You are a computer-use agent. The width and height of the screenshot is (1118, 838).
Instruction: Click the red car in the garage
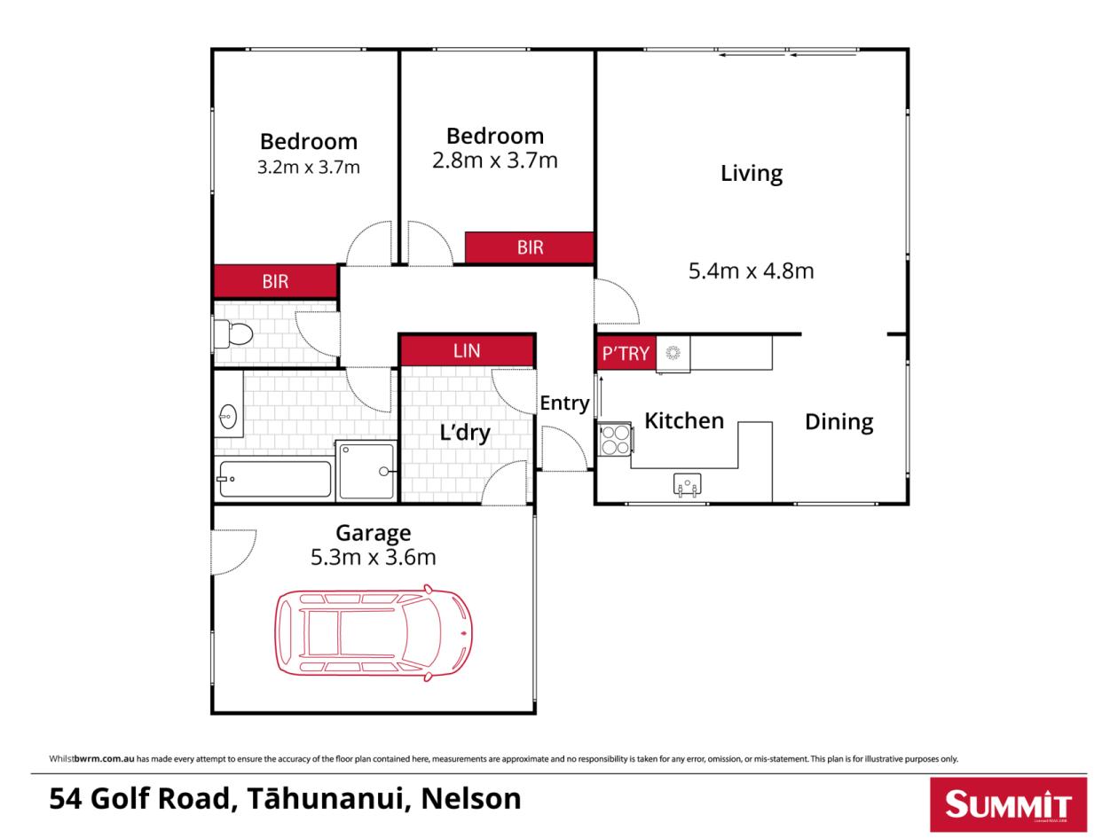click(x=374, y=632)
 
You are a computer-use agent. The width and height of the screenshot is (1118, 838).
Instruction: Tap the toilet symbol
click(x=233, y=333)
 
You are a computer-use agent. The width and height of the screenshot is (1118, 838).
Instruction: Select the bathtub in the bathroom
click(x=274, y=479)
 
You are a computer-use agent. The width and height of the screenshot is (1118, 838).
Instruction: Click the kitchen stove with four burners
click(x=616, y=439)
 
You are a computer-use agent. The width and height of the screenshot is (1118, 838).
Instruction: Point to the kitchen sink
click(x=687, y=483)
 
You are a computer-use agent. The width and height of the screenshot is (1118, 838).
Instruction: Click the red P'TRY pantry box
click(x=626, y=353)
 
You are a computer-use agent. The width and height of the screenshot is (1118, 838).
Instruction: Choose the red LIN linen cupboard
click(x=467, y=350)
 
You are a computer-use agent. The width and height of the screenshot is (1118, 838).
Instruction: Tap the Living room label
click(x=752, y=174)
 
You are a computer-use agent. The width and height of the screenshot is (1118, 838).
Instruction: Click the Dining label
click(x=838, y=422)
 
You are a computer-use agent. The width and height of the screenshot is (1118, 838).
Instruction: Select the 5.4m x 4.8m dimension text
click(x=751, y=270)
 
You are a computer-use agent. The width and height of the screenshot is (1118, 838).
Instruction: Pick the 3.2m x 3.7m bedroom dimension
click(x=308, y=167)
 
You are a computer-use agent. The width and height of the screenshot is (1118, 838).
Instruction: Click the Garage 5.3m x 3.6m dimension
click(x=374, y=557)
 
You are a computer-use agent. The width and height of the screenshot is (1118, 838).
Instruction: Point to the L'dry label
click(x=465, y=434)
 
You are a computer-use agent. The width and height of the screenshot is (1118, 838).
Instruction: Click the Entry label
click(x=564, y=403)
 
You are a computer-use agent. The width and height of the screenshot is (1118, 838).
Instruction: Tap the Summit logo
click(x=1009, y=804)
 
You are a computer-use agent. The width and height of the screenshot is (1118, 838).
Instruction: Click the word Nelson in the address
click(x=470, y=798)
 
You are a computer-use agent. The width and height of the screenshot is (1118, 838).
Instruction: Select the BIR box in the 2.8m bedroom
click(x=529, y=247)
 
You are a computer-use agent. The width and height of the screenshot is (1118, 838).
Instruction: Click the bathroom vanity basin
click(x=228, y=417)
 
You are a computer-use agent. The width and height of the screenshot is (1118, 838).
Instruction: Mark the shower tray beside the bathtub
click(x=366, y=471)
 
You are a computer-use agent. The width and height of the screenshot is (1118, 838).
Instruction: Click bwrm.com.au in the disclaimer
click(x=105, y=758)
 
